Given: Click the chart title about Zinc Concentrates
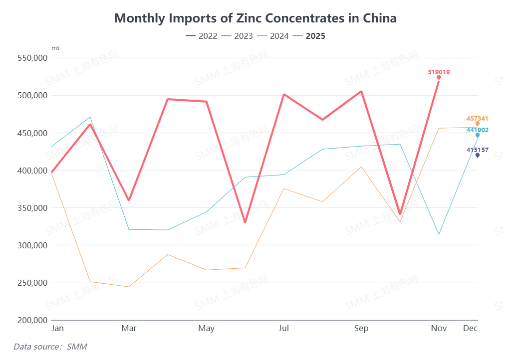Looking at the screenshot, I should pos(255,18).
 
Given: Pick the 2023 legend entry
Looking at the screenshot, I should pos(237,36).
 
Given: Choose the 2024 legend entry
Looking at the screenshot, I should pos(273,36).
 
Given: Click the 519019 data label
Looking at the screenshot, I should pos(439,72).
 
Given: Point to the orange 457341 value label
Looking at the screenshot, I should pos(477,119).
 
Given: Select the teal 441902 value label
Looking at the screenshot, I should pos(477,130).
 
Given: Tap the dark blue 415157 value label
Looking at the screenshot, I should pos(477,150).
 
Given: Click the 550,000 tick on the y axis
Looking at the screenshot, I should pos(32,58).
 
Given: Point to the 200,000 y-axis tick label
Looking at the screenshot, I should pos(32,320).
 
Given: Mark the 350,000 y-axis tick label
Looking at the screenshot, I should pos(32,208).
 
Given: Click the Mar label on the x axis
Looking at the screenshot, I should pos(129,328).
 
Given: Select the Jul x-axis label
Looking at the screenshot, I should pos(283,328).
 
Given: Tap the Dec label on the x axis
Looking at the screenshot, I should pos(470,328).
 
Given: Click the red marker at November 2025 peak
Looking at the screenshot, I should pos(439,77).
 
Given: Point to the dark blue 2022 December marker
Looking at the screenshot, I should pos(478,155).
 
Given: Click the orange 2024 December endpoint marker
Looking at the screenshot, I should pos(478,124).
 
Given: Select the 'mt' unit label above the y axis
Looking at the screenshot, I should pos(55,48).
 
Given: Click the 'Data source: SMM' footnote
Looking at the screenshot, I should pos(50,347).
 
